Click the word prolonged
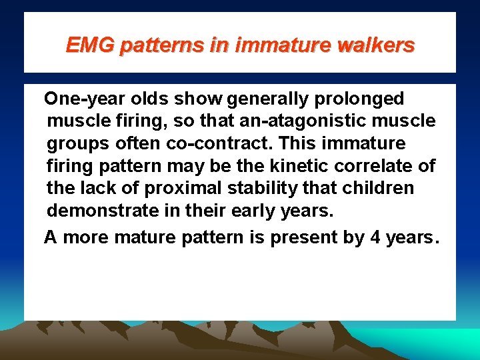click(x=363, y=99)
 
